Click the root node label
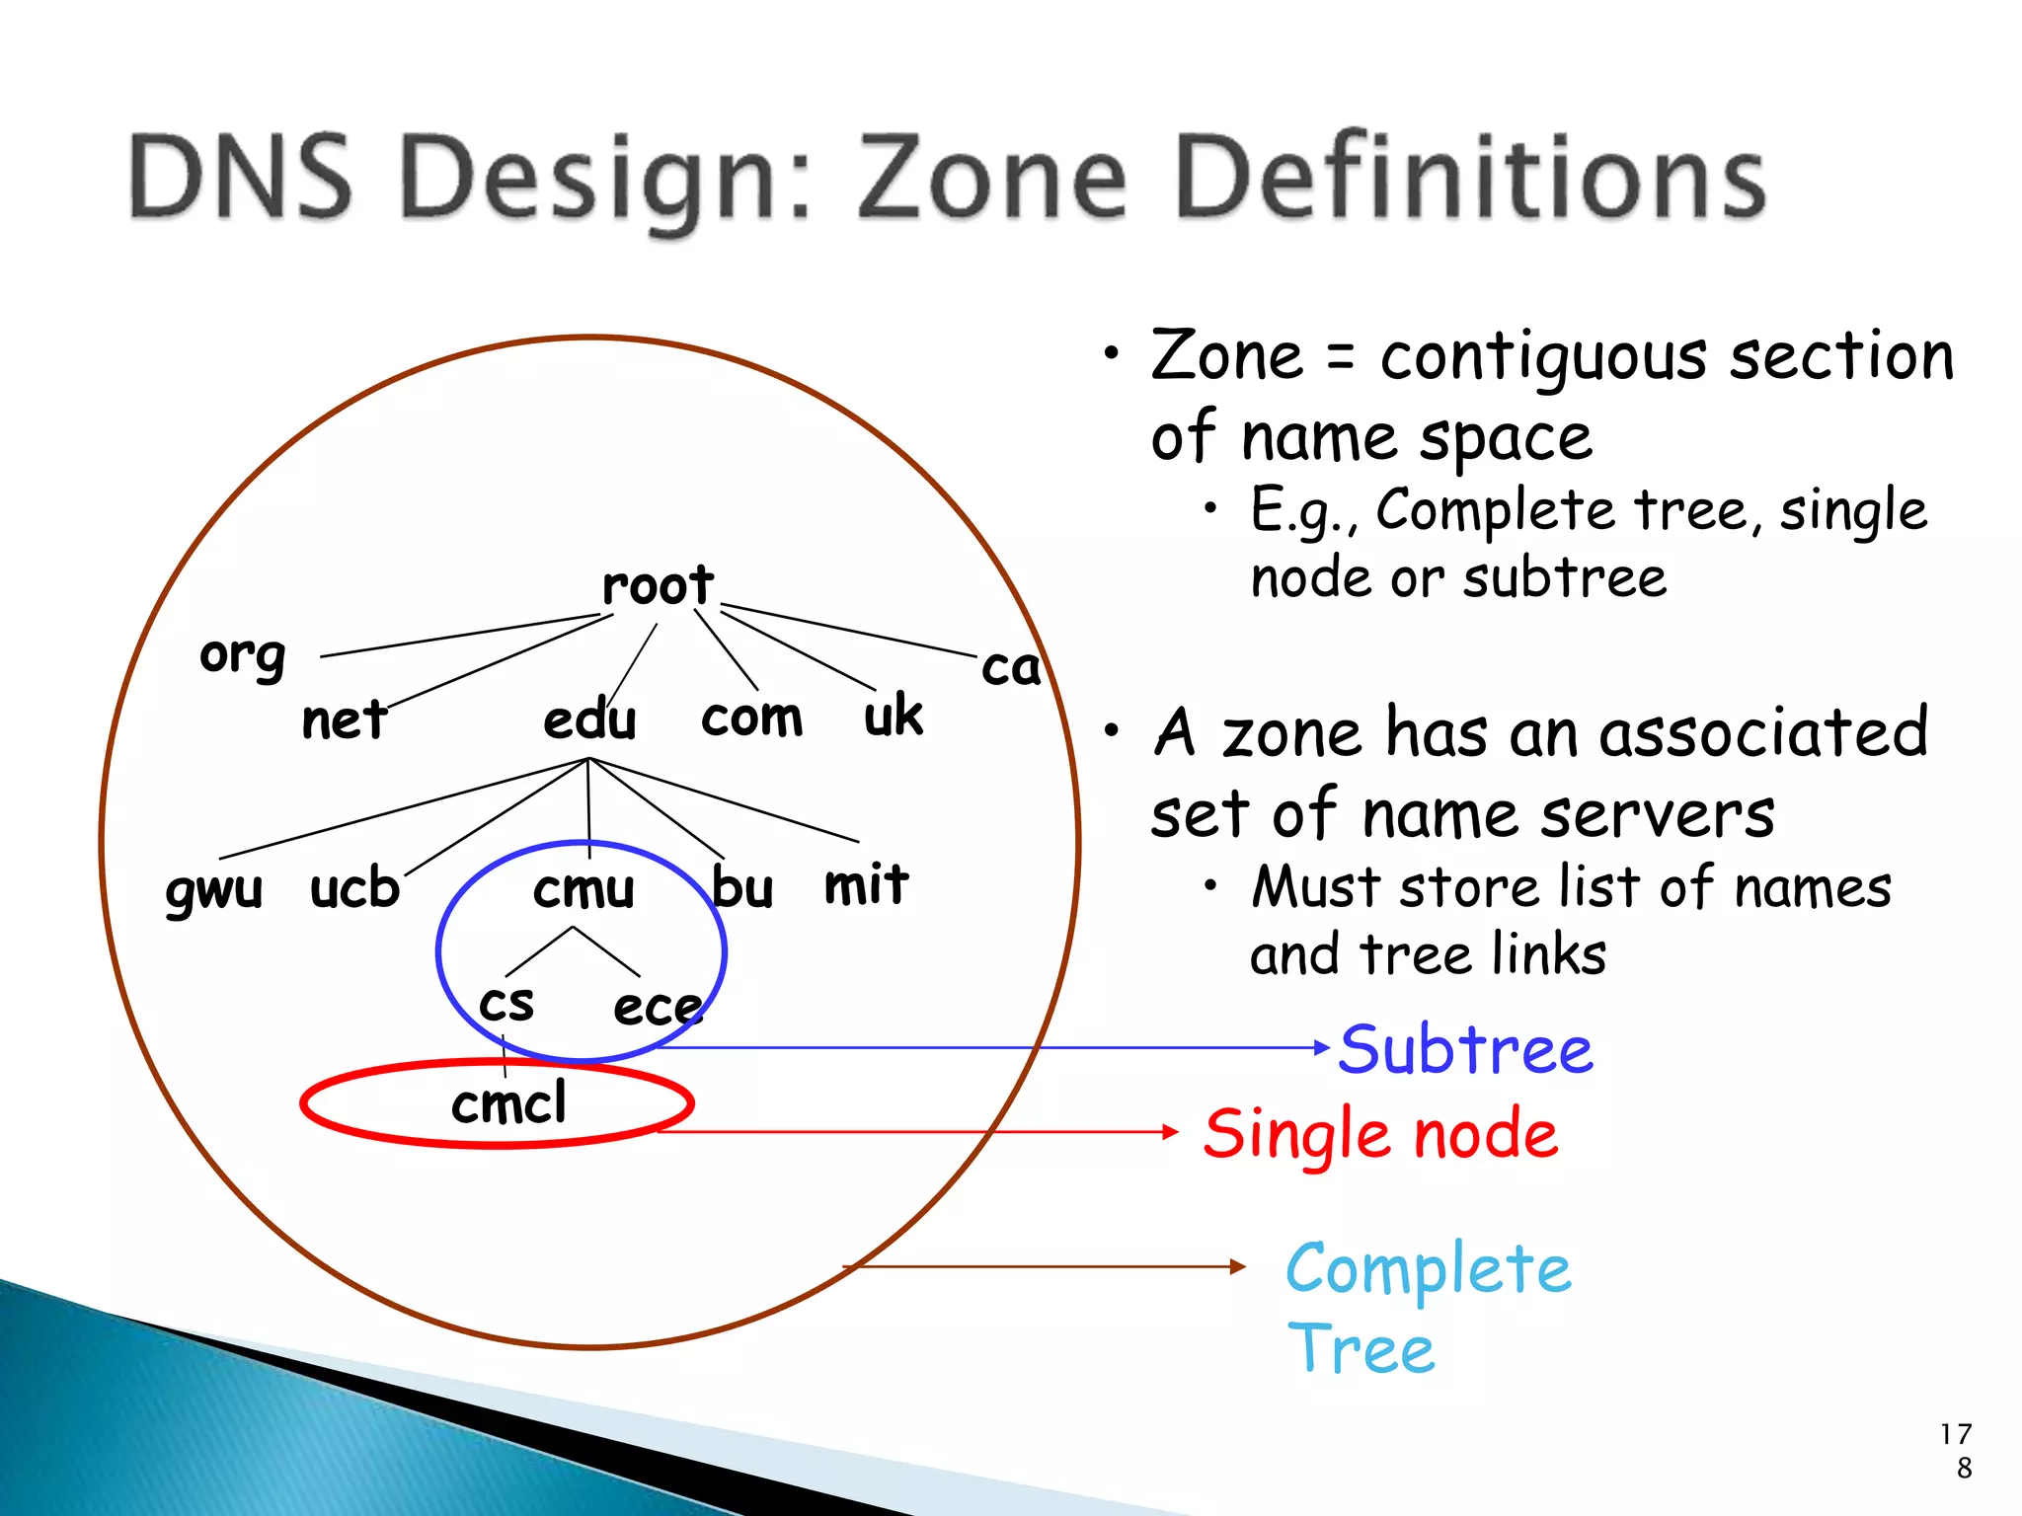click(658, 586)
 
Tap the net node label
click(344, 720)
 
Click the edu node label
click(589, 720)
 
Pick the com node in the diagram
click(751, 718)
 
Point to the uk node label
click(894, 716)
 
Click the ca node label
click(1011, 668)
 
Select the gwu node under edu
click(214, 889)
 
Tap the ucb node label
click(354, 888)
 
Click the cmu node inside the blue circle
click(583, 890)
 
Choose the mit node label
click(866, 884)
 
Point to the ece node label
click(658, 1008)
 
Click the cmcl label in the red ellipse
click(508, 1103)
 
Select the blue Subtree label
click(1465, 1049)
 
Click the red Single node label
click(1380, 1134)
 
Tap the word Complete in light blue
click(1428, 1269)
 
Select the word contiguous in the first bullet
click(1543, 357)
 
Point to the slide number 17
click(1955, 1434)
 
